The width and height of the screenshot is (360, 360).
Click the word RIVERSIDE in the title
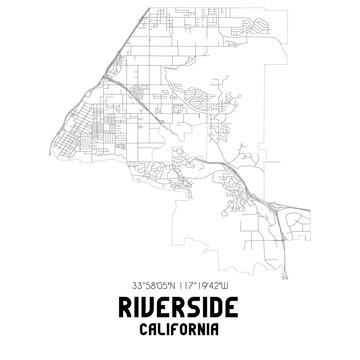pyautogui.click(x=180, y=311)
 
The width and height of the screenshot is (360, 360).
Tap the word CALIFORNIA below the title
pyautogui.click(x=180, y=331)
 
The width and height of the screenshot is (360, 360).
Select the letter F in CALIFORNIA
pyautogui.click(x=176, y=331)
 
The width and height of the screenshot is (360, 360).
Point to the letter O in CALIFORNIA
pyautogui.click(x=184, y=331)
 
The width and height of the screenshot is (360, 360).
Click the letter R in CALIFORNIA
pyautogui.click(x=191, y=331)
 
